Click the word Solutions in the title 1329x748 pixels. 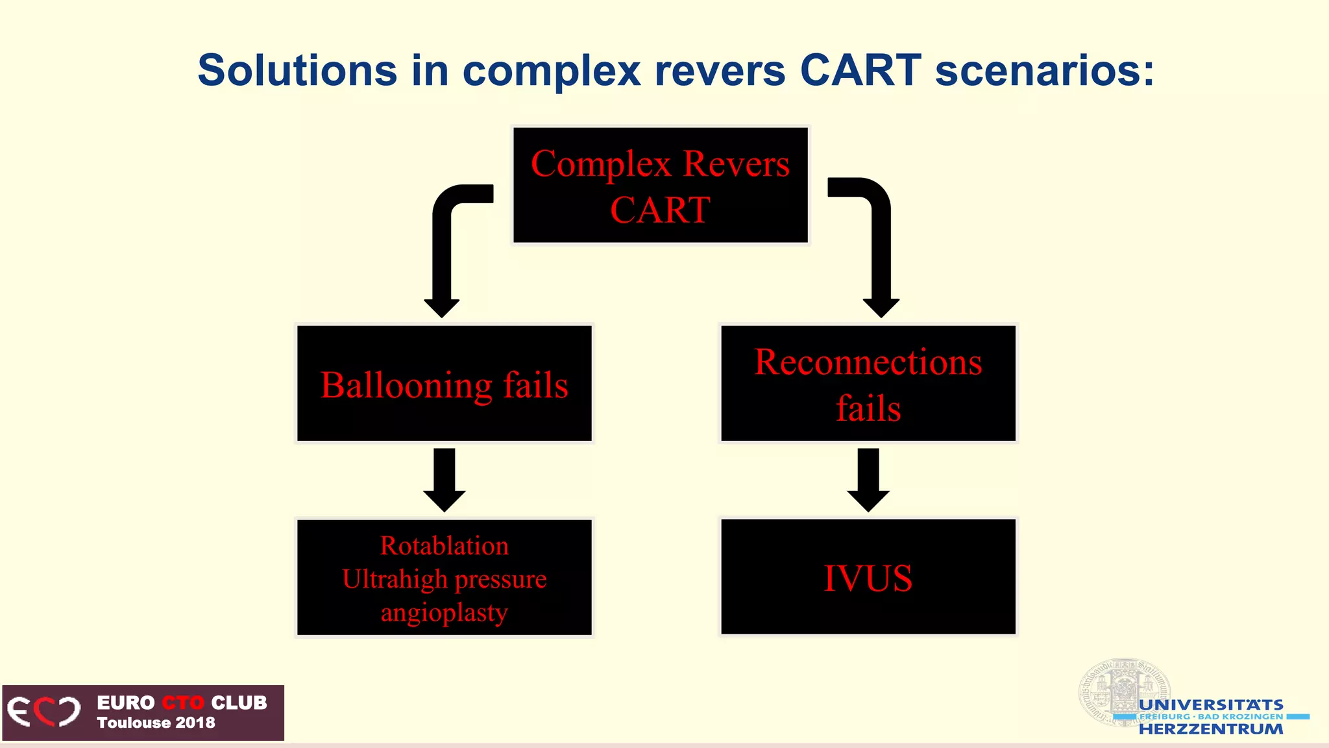pos(297,70)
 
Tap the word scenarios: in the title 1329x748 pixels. pos(1044,70)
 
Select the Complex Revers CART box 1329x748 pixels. pos(660,186)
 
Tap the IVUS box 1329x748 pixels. pos(868,577)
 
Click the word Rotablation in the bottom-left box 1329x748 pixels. pos(445,545)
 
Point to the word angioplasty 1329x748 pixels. pos(445,612)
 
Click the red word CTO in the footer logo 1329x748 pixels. pos(182,703)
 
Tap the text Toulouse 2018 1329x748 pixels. pos(156,723)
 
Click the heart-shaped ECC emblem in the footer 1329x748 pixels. pos(44,712)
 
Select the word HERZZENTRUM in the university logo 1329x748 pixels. pos(1211,729)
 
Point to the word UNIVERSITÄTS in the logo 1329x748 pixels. pos(1211,704)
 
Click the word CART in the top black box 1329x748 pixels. pos(660,210)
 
